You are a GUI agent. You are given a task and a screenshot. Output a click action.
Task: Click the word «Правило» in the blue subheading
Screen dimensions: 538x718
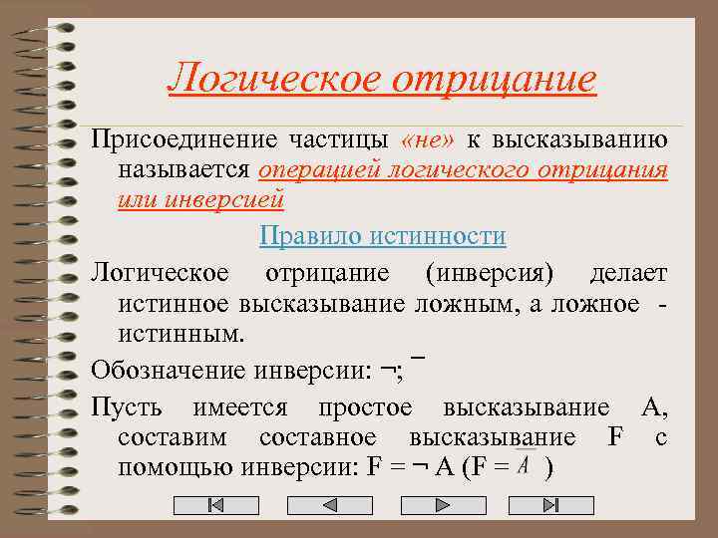[x=310, y=236]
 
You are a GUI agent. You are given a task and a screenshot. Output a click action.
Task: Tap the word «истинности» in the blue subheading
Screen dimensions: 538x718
[x=438, y=236]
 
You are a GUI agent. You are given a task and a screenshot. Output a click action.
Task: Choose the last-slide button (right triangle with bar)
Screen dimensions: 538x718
[x=550, y=505]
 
